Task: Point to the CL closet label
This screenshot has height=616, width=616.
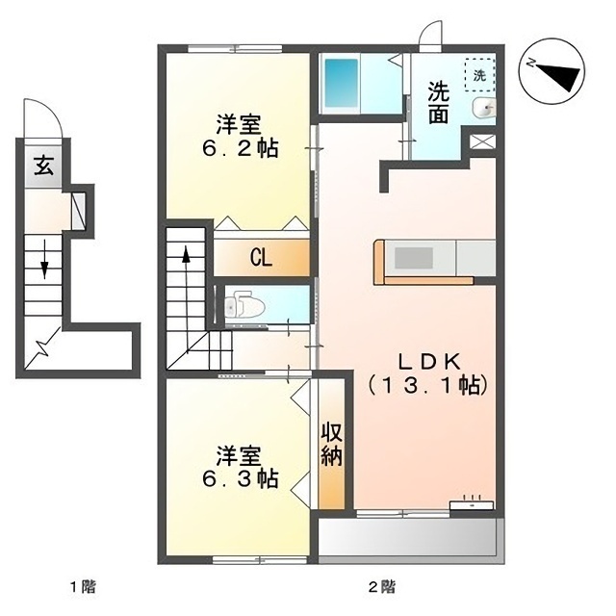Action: (260, 257)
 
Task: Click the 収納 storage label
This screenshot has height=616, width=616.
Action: (331, 444)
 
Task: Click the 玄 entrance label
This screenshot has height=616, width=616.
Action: (44, 165)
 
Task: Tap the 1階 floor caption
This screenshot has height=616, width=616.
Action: (82, 585)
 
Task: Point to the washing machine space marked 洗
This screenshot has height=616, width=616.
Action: (478, 70)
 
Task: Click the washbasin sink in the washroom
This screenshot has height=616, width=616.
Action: (484, 108)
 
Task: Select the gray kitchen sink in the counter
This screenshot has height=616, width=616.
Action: (415, 258)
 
